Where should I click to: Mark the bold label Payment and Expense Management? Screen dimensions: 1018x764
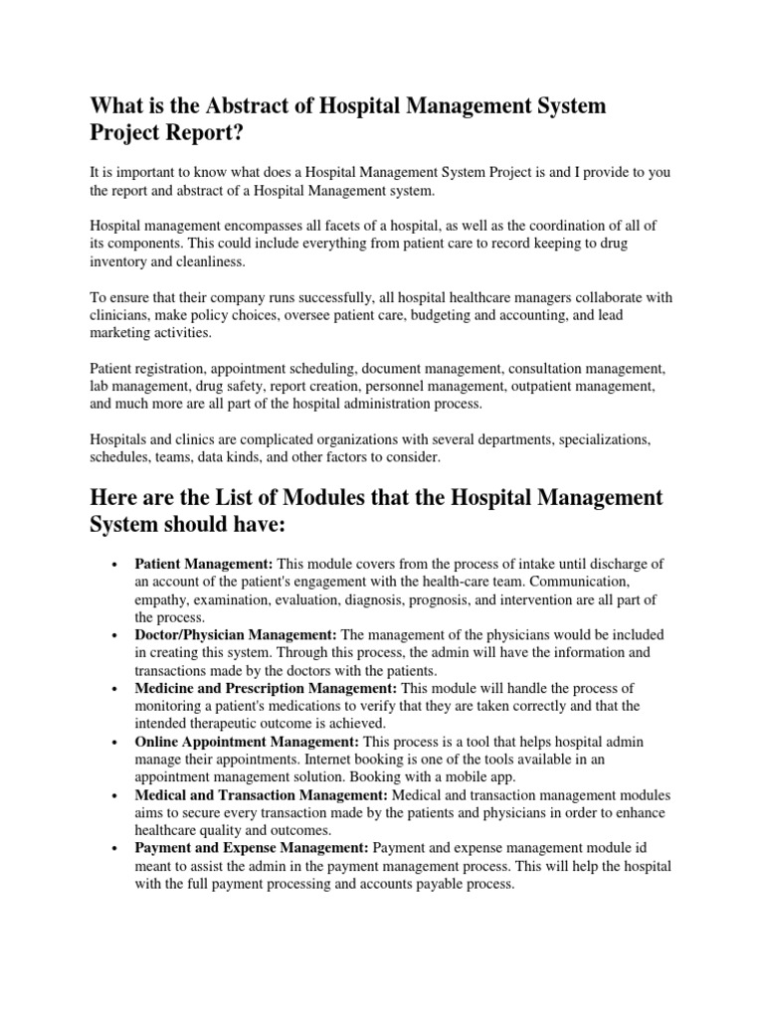pos(252,848)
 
